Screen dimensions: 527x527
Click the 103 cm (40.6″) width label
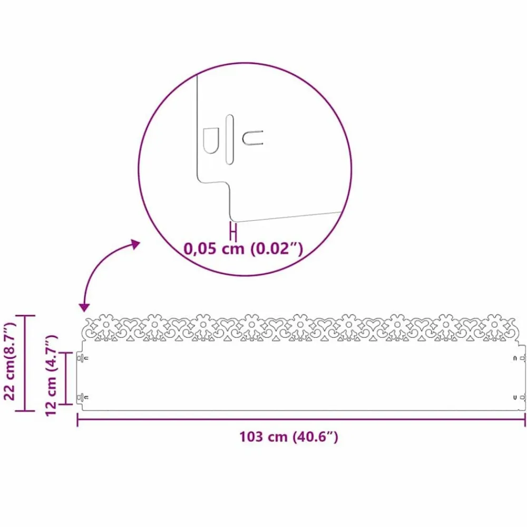click(x=288, y=437)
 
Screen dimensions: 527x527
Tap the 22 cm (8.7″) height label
click(x=9, y=361)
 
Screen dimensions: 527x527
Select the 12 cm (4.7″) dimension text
click(x=52, y=376)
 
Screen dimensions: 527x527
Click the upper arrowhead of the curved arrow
click(x=135, y=244)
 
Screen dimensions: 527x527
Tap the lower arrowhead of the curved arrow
click(x=84, y=307)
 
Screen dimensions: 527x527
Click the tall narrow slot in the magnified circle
click(x=230, y=140)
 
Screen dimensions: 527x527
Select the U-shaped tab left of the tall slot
click(x=211, y=141)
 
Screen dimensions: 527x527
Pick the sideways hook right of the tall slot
click(x=252, y=138)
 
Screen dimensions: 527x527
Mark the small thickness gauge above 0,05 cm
click(x=233, y=231)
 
